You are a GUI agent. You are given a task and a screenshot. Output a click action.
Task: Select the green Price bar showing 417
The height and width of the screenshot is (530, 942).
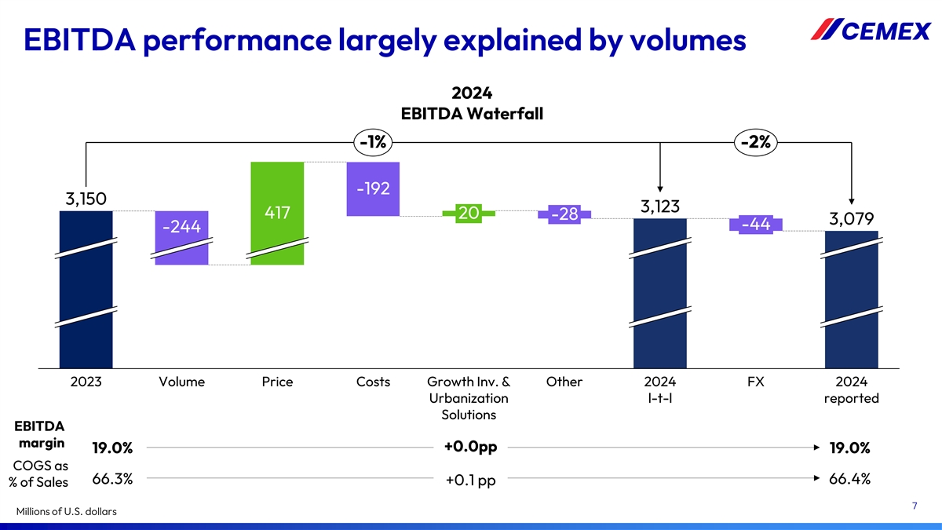click(x=277, y=213)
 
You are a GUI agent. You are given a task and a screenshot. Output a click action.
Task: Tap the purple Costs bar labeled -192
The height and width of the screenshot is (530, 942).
click(x=373, y=188)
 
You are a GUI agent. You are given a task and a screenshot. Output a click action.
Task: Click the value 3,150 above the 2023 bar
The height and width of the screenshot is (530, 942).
click(x=86, y=198)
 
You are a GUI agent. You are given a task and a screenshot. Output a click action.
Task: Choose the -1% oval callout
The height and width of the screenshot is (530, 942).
click(x=373, y=142)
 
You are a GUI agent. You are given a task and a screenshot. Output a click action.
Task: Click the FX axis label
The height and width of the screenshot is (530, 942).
click(x=756, y=382)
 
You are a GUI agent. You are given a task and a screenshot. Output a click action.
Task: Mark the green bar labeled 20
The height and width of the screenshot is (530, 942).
click(x=469, y=213)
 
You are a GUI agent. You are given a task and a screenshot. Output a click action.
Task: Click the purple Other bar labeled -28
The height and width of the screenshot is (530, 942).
click(x=564, y=214)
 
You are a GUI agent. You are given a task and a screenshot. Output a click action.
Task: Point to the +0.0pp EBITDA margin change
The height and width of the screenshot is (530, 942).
click(x=470, y=447)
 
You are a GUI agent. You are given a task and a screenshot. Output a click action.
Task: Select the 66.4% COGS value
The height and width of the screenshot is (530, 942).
click(x=849, y=479)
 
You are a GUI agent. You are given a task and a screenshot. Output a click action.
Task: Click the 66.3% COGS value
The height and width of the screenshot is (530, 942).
click(x=112, y=479)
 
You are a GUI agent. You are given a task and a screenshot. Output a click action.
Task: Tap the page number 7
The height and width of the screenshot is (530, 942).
click(x=915, y=506)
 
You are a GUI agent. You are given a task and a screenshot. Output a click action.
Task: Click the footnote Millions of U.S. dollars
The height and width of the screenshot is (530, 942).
click(x=66, y=512)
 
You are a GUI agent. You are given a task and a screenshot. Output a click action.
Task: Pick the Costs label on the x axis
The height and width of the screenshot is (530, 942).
click(x=373, y=382)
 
